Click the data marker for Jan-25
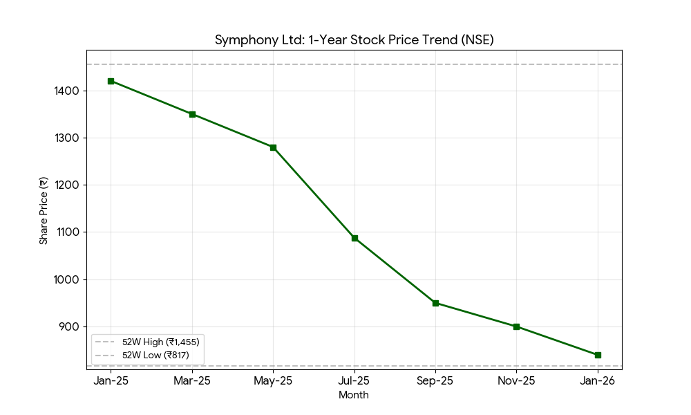point(111,81)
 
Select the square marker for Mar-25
point(192,114)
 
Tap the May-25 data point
point(273,147)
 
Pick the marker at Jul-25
point(354,238)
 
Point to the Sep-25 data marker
point(435,303)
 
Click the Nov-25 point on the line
point(516,326)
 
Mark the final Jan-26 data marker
point(598,355)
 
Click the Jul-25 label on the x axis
point(354,381)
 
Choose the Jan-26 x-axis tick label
point(598,381)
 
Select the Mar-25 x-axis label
point(192,381)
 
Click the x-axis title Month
point(354,395)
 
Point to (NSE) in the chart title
point(478,40)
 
